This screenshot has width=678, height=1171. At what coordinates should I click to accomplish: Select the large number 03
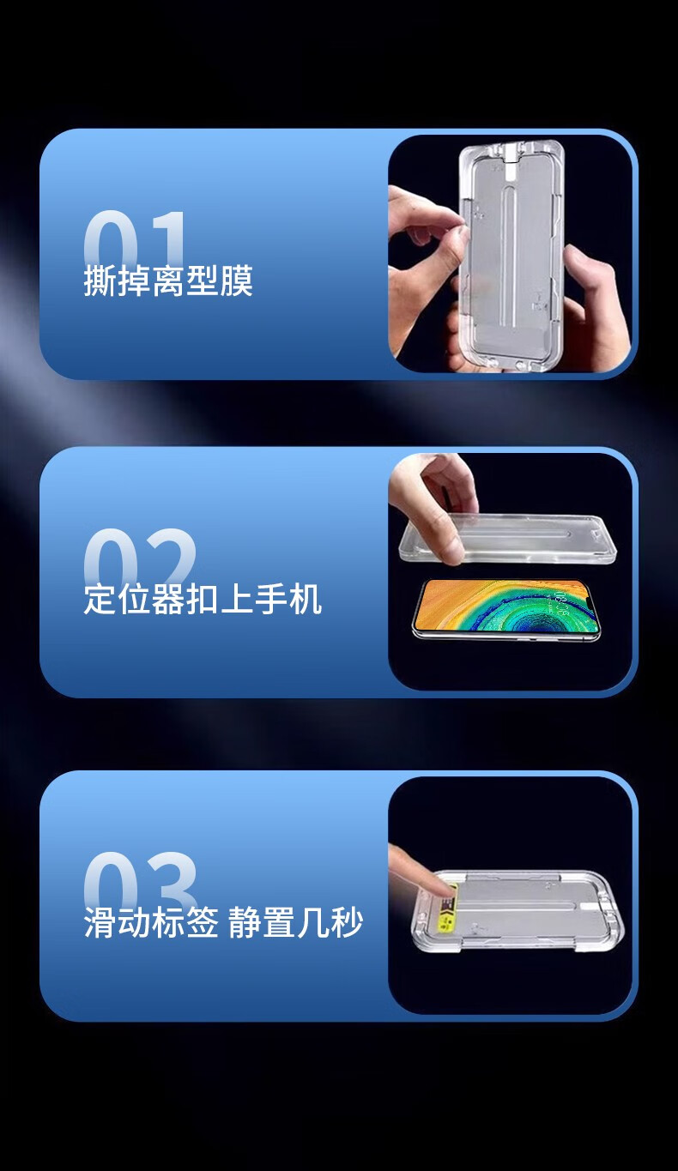click(x=141, y=881)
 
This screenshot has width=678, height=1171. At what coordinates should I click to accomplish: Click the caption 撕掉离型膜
click(x=168, y=281)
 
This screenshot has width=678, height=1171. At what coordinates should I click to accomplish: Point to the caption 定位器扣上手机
click(x=203, y=599)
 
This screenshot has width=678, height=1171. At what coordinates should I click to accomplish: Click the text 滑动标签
click(x=151, y=923)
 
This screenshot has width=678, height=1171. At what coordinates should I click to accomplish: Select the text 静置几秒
click(x=295, y=923)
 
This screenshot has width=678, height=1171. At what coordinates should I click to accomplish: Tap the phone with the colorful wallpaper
click(x=506, y=607)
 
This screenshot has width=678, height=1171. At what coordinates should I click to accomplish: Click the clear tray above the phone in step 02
click(x=507, y=539)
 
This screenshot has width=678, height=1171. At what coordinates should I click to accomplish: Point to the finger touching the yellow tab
click(x=419, y=872)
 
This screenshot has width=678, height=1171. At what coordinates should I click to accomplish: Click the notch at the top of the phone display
click(x=590, y=604)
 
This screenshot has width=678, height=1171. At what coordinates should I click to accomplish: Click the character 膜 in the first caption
click(x=237, y=281)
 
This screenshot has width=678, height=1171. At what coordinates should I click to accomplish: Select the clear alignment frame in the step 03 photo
click(x=518, y=912)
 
